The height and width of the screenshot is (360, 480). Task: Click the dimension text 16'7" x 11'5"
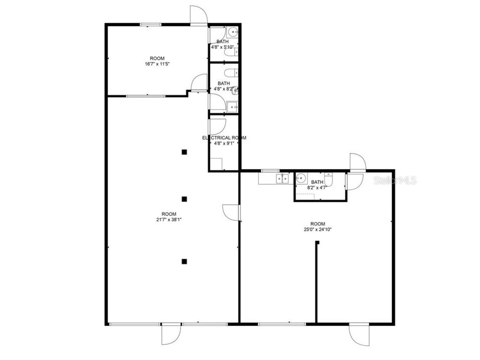tap(157, 64)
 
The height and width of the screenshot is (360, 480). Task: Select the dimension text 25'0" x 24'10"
tap(317, 230)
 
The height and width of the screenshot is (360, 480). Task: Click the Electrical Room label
tap(224, 138)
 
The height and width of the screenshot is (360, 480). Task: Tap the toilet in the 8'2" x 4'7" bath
tap(329, 179)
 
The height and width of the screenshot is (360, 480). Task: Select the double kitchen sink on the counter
tap(282, 178)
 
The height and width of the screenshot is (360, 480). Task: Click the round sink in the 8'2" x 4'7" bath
tap(301, 178)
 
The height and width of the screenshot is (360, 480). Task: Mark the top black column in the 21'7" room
tap(185, 151)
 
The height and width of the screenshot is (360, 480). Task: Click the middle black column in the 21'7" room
tap(185, 199)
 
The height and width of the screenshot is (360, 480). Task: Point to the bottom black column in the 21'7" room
tap(185, 261)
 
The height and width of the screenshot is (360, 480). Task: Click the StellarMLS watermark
tap(395, 180)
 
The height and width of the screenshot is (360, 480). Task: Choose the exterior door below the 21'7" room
tap(171, 334)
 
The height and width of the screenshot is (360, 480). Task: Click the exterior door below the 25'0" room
tap(358, 334)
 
